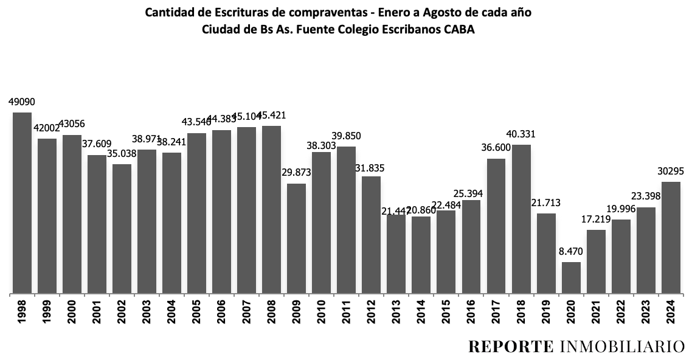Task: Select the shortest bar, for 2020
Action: [x=571, y=278]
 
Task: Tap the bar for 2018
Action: [x=521, y=219]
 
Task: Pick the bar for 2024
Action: [x=671, y=238]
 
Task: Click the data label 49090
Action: [x=21, y=103]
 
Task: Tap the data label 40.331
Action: [x=521, y=134]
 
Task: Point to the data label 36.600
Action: [x=496, y=148]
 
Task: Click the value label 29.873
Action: [x=296, y=173]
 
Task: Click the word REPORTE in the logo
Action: [x=510, y=347]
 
